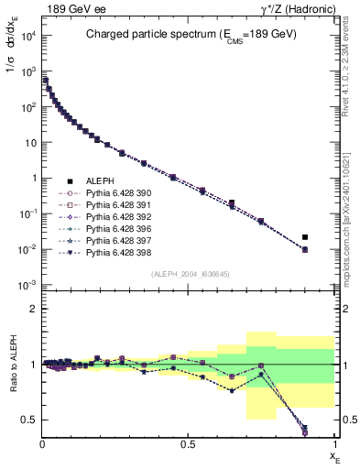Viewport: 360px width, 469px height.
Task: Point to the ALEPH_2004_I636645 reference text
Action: (x=189, y=275)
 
